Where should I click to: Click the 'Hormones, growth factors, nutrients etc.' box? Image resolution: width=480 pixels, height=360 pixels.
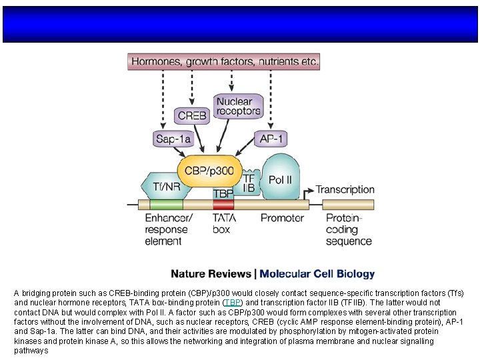[224, 62]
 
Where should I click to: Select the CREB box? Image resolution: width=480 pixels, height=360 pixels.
[191, 115]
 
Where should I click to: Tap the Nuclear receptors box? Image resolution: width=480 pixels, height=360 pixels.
[238, 107]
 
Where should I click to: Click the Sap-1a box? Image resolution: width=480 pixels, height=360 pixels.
[173, 139]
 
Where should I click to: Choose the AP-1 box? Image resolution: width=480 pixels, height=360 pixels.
[271, 139]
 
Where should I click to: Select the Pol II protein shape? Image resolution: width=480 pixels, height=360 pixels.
[281, 179]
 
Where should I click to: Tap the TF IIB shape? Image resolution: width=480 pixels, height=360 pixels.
[249, 183]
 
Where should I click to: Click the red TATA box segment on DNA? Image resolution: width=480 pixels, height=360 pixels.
[223, 205]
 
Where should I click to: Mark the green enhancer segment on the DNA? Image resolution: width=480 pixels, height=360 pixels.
[166, 205]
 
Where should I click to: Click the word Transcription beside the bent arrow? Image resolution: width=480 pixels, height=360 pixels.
[345, 190]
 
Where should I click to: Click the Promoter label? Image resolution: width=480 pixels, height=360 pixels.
[282, 218]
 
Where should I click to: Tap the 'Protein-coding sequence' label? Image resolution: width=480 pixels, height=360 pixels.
[349, 229]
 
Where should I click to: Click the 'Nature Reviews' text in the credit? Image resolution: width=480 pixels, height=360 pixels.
[211, 274]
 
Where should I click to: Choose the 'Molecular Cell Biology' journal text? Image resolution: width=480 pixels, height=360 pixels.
[317, 274]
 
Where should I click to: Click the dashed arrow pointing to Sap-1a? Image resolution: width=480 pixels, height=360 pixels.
[162, 100]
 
